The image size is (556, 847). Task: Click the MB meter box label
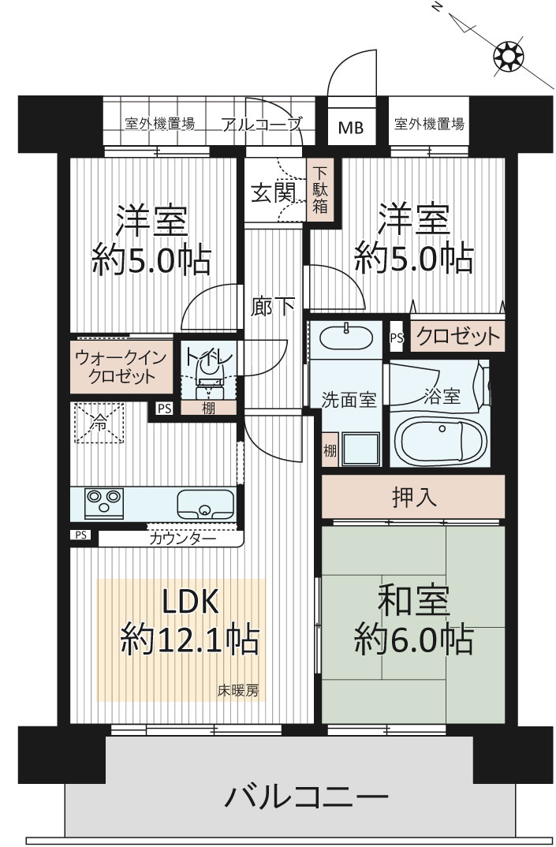point(351,128)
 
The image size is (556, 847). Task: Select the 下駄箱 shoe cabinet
point(320,189)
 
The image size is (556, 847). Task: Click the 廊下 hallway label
point(273,307)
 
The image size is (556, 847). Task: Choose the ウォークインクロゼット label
point(121,366)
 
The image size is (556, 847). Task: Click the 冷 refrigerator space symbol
point(99,423)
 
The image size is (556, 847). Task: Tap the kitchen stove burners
point(104,503)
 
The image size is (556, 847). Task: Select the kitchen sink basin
point(206,505)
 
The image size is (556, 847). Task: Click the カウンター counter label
point(182,539)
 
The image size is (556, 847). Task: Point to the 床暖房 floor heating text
point(238,690)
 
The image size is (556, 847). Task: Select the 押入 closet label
point(414,496)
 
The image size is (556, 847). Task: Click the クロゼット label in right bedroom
point(458,337)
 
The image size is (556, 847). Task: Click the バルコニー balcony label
point(306,797)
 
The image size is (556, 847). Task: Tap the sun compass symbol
point(509,56)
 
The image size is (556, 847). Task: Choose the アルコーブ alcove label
point(262,125)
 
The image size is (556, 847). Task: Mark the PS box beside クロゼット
point(397,338)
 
